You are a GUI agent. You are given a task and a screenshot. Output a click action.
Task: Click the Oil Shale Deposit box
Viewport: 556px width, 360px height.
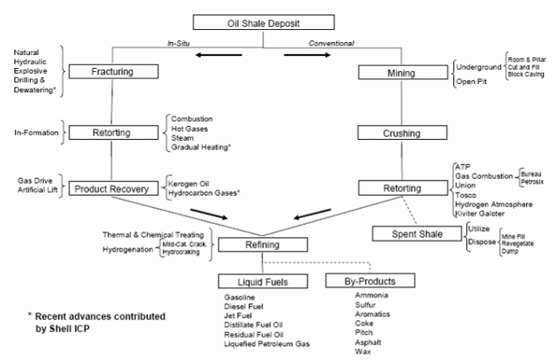[277, 22]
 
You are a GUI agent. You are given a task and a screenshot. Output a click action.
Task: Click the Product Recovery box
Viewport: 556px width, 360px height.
[112, 188]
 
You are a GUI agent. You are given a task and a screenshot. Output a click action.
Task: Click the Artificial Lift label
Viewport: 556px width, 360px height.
[38, 193]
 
